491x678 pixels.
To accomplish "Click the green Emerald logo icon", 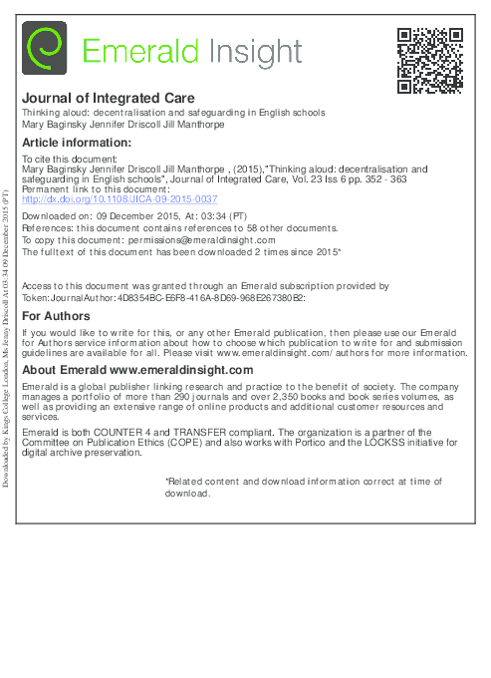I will click(x=45, y=49).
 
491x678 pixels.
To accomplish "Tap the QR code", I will click(x=430, y=60).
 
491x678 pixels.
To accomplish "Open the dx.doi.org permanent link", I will click(x=120, y=198).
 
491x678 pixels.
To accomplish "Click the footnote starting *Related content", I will click(x=303, y=487).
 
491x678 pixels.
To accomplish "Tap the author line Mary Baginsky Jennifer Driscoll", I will click(x=126, y=126).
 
